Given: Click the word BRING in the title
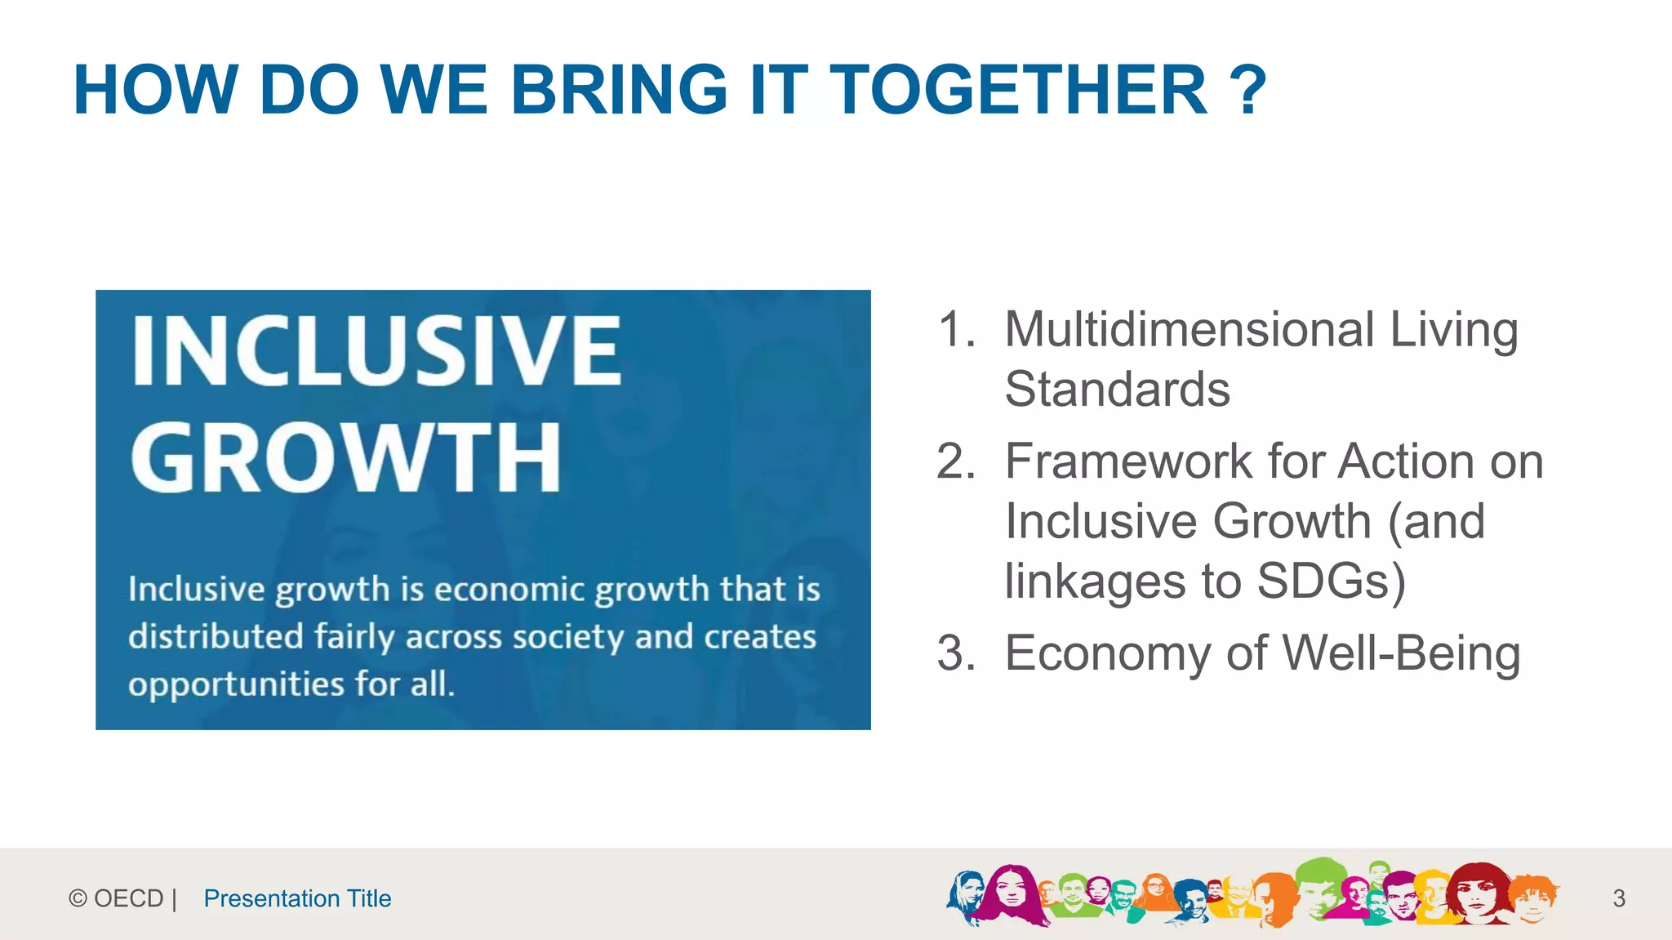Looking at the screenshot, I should (x=618, y=90).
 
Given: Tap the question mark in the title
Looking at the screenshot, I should (x=1247, y=90).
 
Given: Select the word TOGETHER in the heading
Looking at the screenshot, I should (x=1018, y=90).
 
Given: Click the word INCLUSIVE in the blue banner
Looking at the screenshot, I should (x=376, y=351).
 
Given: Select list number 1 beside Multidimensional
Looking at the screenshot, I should (x=957, y=329).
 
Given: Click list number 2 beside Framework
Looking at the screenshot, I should (x=956, y=461).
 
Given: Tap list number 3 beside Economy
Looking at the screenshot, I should (x=956, y=653).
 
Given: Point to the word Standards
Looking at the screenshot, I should (x=1117, y=389).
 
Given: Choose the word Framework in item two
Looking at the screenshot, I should (x=1127, y=461).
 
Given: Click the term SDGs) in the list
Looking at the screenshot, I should (x=1331, y=581).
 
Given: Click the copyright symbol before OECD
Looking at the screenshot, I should (x=78, y=898).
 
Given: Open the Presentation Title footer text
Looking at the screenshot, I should (x=297, y=898).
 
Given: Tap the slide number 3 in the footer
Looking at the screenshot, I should (x=1619, y=898).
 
